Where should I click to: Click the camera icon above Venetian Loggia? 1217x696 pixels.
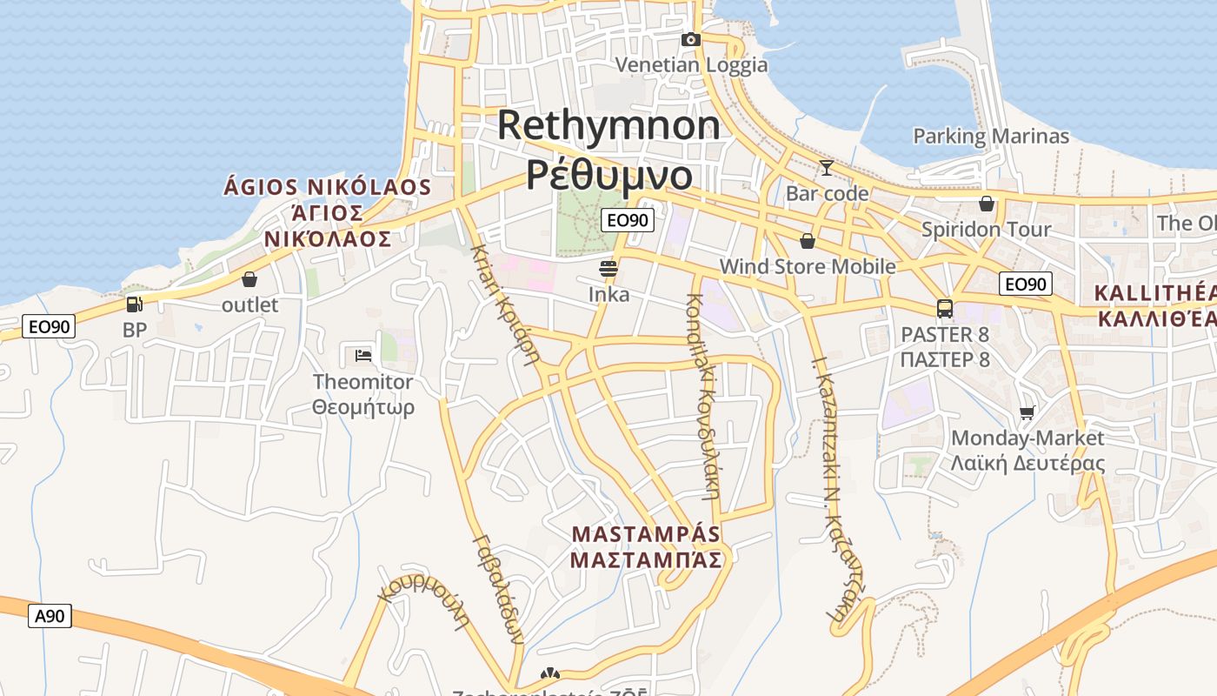click(x=691, y=39)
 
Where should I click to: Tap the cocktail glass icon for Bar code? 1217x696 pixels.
click(x=826, y=167)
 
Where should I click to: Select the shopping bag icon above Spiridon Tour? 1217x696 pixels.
click(x=986, y=204)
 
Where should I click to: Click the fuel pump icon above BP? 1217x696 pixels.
click(x=134, y=304)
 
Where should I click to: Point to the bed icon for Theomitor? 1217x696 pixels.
click(x=363, y=355)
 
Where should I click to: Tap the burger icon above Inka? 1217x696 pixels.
click(x=608, y=268)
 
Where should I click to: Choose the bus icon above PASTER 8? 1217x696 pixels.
click(x=945, y=308)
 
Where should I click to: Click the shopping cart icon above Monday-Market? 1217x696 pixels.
click(x=1027, y=412)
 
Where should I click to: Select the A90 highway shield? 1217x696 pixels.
click(x=50, y=617)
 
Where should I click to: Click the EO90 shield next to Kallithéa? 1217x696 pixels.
click(x=1026, y=284)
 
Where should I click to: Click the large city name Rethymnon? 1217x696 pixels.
click(x=608, y=125)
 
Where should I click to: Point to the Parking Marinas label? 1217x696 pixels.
click(x=991, y=137)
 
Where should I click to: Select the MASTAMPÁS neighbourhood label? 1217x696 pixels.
click(x=646, y=533)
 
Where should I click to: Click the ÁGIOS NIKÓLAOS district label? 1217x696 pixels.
click(x=328, y=187)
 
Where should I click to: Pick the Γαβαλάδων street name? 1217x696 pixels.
click(x=499, y=588)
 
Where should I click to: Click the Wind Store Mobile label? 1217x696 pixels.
click(x=808, y=266)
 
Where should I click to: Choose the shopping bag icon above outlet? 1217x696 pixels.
click(x=249, y=279)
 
